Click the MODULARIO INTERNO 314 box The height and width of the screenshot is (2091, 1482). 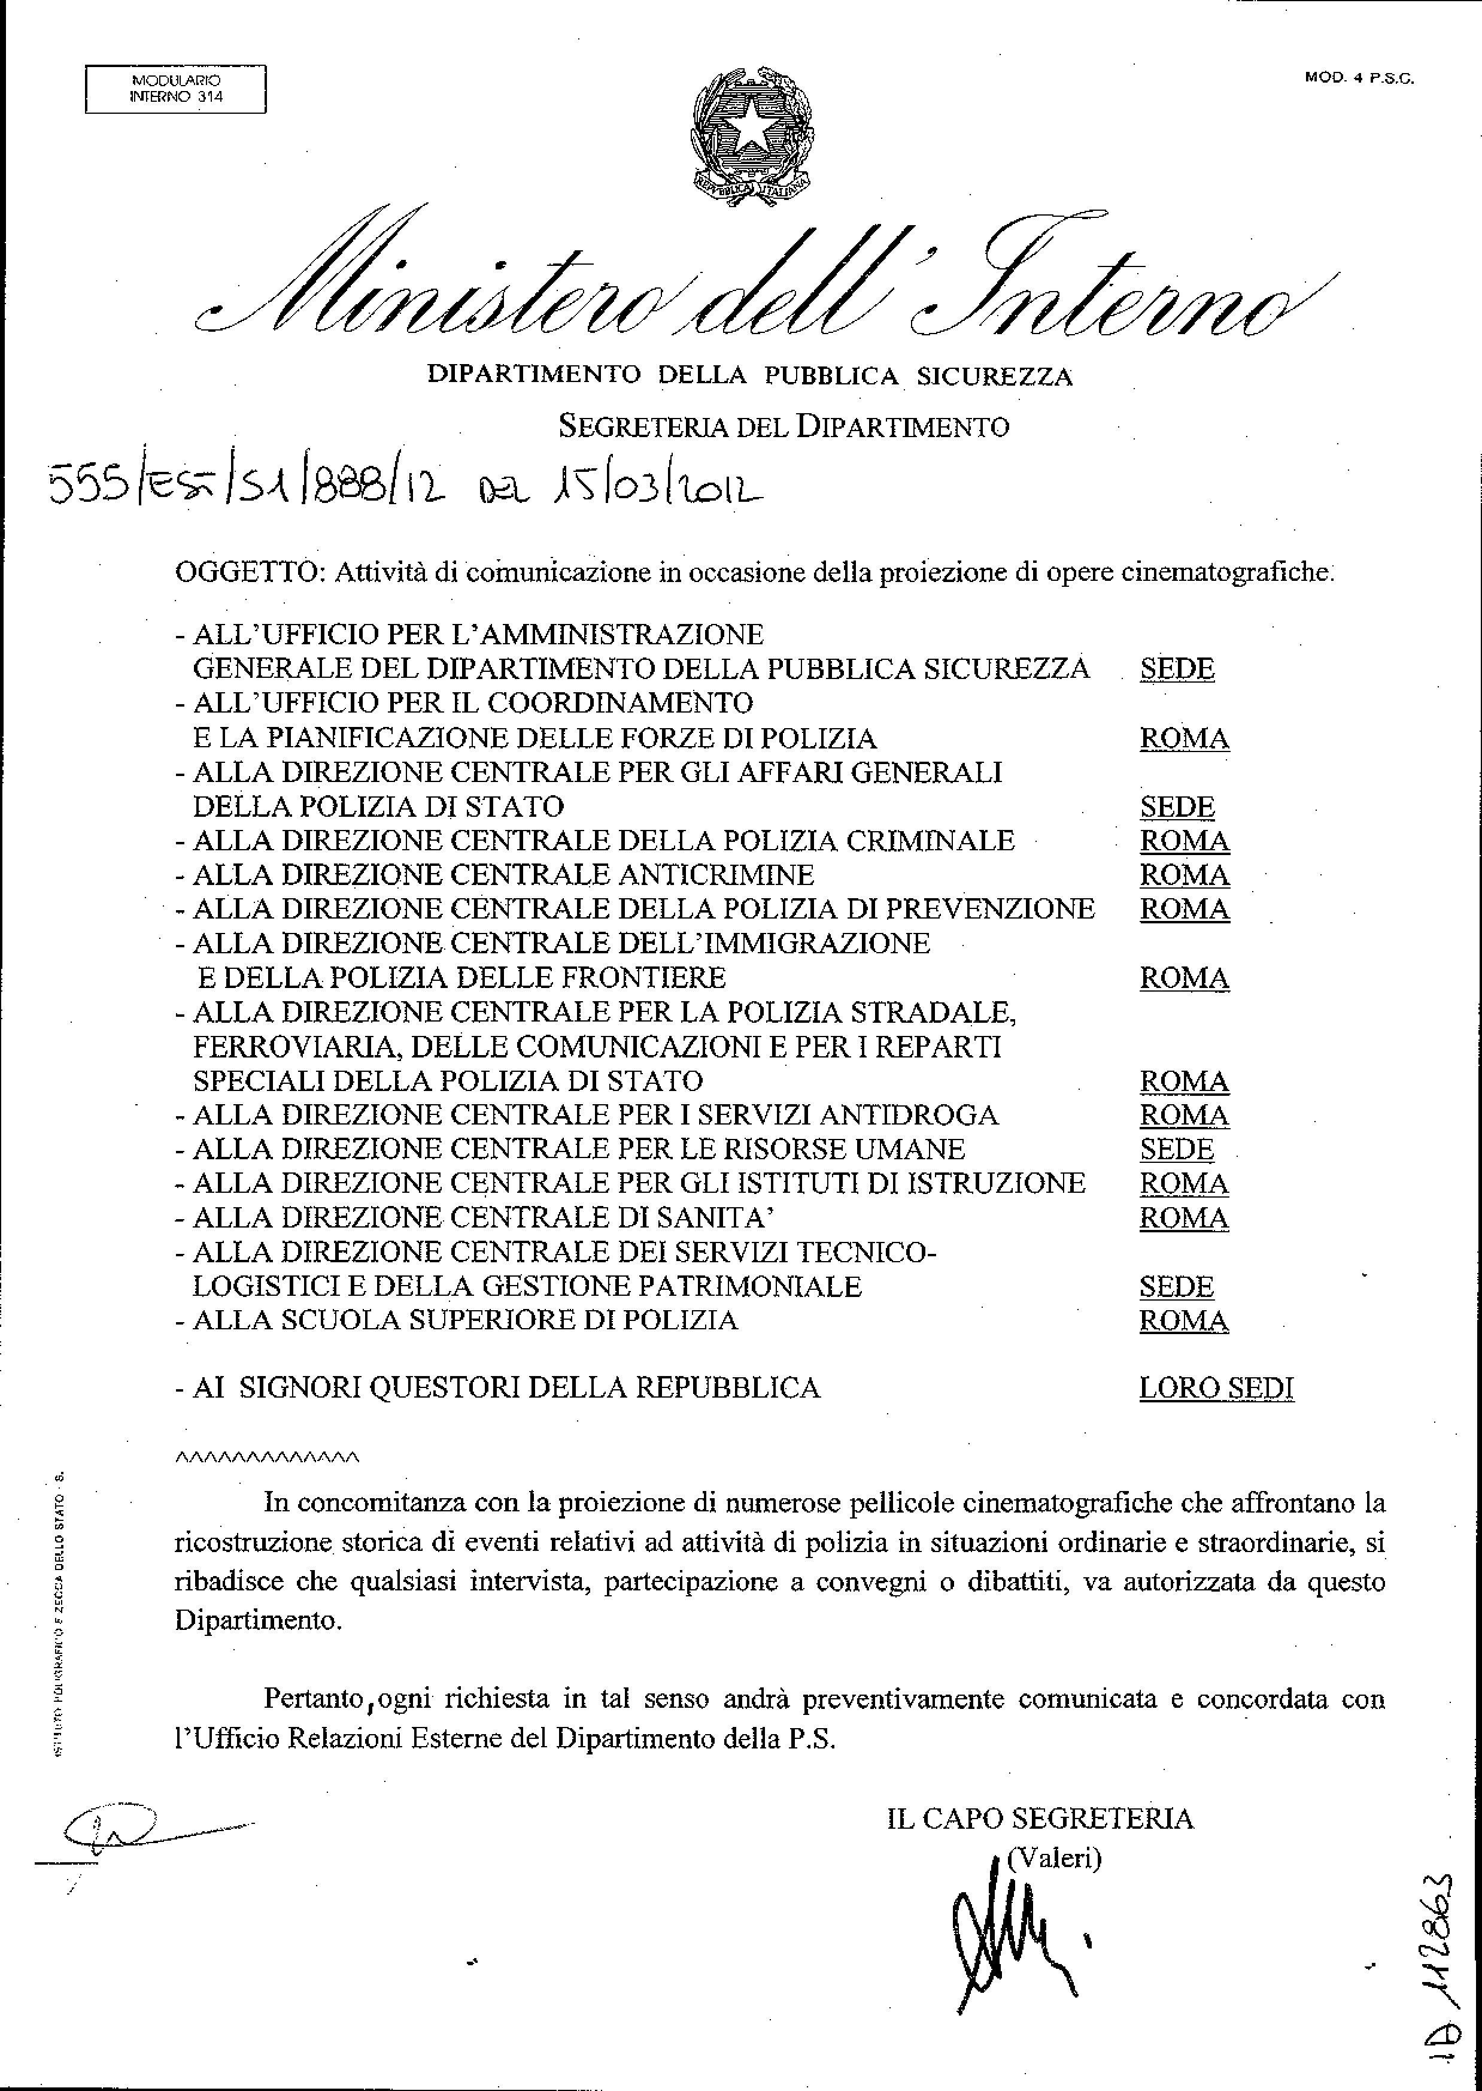pyautogui.click(x=176, y=89)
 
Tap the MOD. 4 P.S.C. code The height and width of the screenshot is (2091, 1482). pyautogui.click(x=1359, y=78)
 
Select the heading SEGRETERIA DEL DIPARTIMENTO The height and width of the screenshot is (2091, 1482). pyautogui.click(x=783, y=426)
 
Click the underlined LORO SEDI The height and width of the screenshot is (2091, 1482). pyautogui.click(x=1216, y=1388)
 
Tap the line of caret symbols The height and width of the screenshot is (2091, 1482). pyautogui.click(x=266, y=1457)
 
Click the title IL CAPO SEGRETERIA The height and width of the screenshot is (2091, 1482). pyautogui.click(x=1040, y=1818)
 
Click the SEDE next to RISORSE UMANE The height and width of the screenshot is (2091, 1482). pyautogui.click(x=1176, y=1149)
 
